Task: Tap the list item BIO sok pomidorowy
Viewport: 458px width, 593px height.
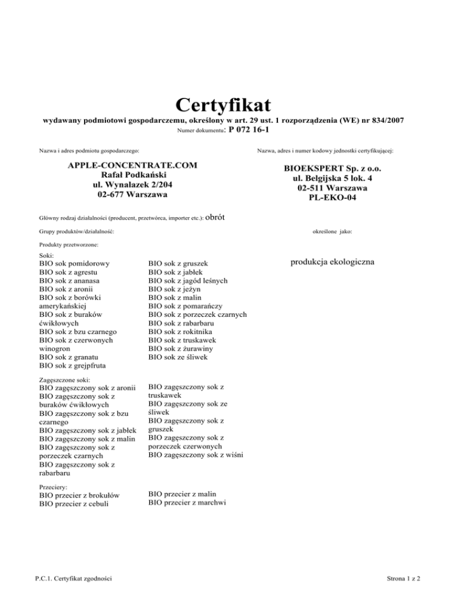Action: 76,262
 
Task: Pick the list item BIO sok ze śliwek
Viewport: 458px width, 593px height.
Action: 177,357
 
